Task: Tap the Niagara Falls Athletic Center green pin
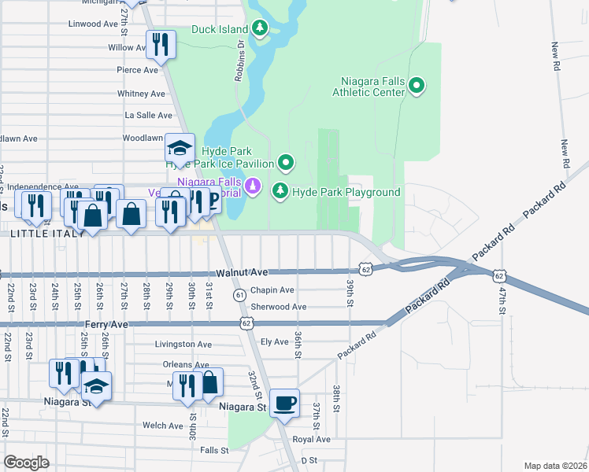pos(417,86)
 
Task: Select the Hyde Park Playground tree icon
pos(280,191)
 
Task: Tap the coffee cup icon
pos(284,403)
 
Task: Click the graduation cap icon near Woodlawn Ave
pos(180,149)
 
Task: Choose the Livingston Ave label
pos(183,344)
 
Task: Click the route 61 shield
pos(239,293)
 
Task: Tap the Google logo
pos(26,463)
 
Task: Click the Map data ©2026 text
pos(555,466)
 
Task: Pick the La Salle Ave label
pos(143,115)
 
